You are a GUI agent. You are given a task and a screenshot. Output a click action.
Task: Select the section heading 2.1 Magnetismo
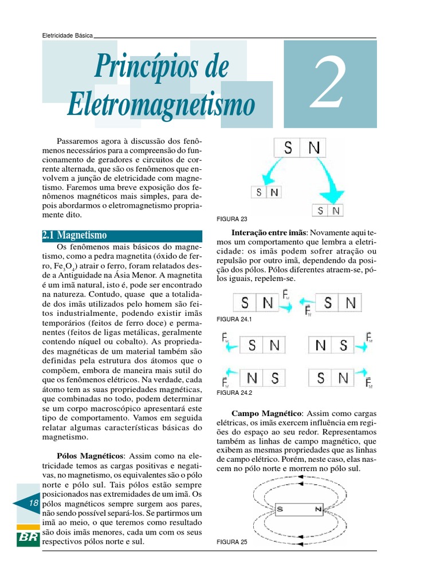pos(74,235)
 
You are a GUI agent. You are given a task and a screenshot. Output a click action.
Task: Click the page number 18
pos(33,503)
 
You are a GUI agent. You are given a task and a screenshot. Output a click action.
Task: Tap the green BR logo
pos(28,539)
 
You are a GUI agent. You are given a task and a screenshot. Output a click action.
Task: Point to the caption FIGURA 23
pos(232,219)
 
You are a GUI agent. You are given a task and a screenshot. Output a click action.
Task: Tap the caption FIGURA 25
pos(232,541)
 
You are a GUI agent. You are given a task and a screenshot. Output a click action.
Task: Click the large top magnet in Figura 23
pos(300,148)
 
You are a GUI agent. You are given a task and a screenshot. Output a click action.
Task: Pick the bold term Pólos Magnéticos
pos(90,457)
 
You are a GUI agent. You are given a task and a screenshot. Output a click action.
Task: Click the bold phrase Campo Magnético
pos(266,413)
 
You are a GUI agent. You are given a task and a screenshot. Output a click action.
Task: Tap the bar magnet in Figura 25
pos(298,509)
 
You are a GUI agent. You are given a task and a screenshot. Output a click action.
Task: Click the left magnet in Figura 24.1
pos(256,303)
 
